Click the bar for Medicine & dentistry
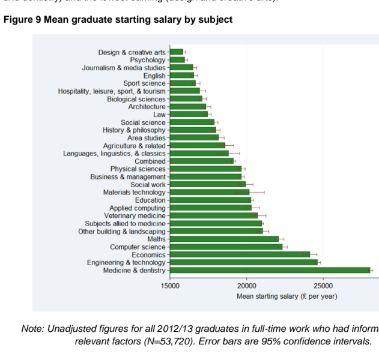[x=270, y=270]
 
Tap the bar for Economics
[x=240, y=254]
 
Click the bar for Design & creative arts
[x=177, y=52]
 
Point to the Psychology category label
[x=148, y=60]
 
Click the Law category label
[x=159, y=115]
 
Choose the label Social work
[x=148, y=184]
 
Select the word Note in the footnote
[x=33, y=329]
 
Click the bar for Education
[x=210, y=200]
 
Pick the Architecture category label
[x=147, y=107]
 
